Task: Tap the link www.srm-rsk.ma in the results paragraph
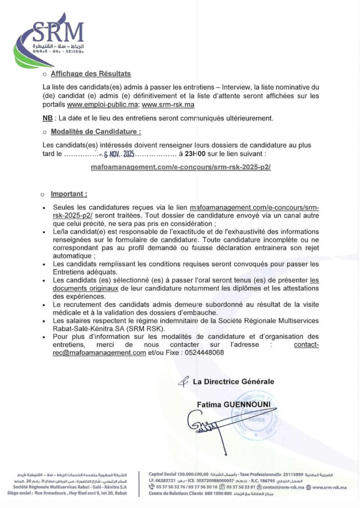168,105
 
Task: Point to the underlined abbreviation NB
47,118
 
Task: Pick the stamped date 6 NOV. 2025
118,154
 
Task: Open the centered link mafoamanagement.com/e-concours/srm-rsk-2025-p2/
180,167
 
